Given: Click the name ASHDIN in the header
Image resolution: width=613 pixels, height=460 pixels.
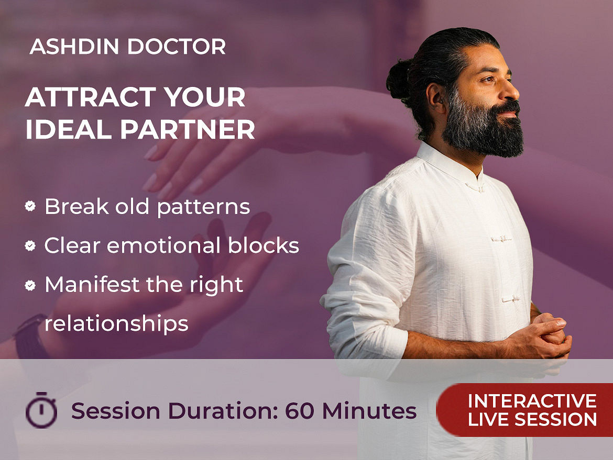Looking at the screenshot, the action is pos(74,47).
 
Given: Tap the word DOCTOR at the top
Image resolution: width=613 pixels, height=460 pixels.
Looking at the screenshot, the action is pos(177,47).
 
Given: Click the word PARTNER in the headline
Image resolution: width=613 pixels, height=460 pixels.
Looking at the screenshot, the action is pos(187,129).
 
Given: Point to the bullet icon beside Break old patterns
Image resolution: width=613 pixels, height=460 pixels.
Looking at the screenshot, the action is pos(30,206).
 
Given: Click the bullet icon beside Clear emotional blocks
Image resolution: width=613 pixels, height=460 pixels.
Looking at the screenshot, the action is pos(30,245).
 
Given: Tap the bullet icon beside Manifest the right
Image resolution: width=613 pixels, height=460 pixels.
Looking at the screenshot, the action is pos(30,285).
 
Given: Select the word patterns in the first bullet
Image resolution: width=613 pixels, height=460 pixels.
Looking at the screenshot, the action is pos(203,207).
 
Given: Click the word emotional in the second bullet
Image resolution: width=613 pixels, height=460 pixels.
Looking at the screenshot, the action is pos(164,245).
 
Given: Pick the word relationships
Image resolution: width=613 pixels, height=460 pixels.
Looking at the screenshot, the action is pos(116,324).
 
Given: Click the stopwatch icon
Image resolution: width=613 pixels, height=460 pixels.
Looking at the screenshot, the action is pos(41,410).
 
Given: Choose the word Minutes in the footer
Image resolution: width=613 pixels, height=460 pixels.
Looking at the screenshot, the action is pos(369,411).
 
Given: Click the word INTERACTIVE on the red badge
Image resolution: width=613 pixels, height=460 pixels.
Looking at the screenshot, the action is pos(532,401).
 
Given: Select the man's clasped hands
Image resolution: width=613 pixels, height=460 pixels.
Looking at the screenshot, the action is pos(548,336).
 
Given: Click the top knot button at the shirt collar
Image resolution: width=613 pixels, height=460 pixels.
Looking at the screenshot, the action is pos(476,187).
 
